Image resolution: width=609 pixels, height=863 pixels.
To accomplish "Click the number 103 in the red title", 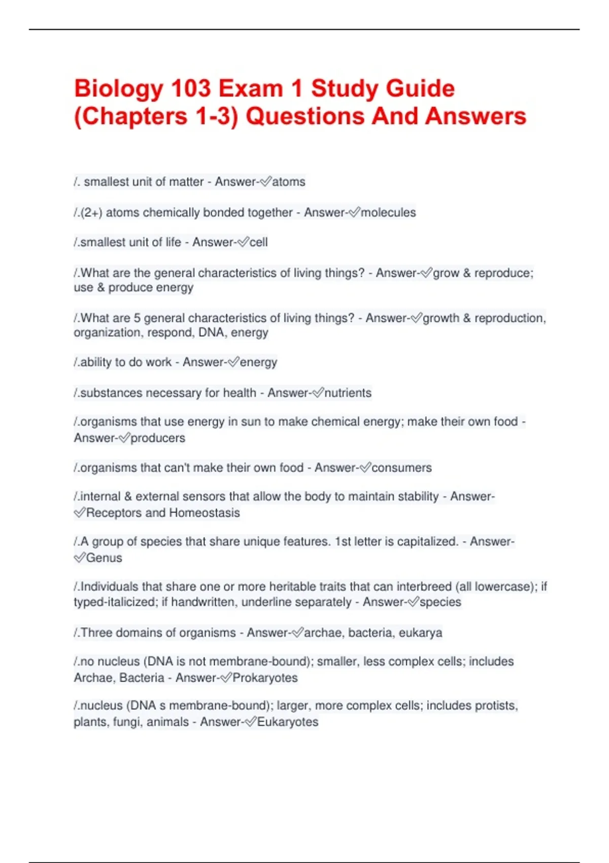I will tap(191, 88).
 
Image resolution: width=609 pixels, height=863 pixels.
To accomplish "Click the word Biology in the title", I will tap(118, 89).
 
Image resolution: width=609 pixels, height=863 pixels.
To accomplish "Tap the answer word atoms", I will tap(289, 182).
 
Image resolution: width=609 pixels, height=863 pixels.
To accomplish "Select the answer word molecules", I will tap(388, 212).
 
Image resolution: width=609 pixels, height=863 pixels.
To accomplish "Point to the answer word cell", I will tap(258, 242).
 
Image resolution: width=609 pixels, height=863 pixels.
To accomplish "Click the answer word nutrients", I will tap(348, 392).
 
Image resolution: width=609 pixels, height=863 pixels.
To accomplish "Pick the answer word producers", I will tap(158, 438).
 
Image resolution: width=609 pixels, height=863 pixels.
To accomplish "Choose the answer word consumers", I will tap(401, 468).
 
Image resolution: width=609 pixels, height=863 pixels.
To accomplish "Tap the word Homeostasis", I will tap(205, 513).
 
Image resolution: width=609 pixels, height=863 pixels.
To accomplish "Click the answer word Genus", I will tap(104, 558).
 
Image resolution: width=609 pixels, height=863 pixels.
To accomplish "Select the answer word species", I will tap(441, 602).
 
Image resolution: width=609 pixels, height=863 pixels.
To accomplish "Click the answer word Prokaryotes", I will tap(265, 678).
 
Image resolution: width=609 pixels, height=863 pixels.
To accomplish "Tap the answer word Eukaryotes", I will tap(288, 722).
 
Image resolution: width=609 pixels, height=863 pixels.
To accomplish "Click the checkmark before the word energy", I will tap(233, 362).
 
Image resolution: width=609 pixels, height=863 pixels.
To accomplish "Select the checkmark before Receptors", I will tap(80, 513).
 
